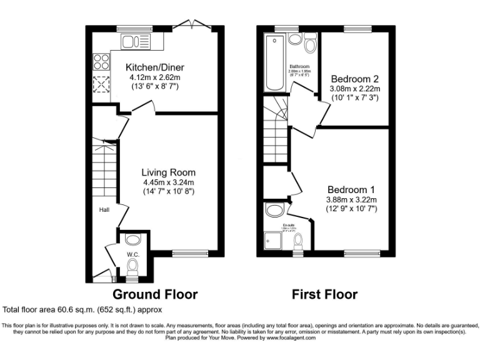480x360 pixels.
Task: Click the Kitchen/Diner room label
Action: point(154,67)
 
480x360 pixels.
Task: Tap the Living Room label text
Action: point(168,172)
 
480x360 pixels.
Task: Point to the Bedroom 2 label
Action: point(355,79)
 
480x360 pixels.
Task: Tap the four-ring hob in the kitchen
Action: point(101,62)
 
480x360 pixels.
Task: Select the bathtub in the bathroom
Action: point(274,63)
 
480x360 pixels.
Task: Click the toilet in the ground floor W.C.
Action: point(132,267)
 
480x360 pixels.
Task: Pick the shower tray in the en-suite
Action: point(274,240)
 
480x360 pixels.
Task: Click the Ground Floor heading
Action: point(155,294)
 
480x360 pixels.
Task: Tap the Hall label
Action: point(103,211)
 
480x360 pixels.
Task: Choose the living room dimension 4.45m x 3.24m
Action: point(168,182)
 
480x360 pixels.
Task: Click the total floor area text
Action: point(83,309)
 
